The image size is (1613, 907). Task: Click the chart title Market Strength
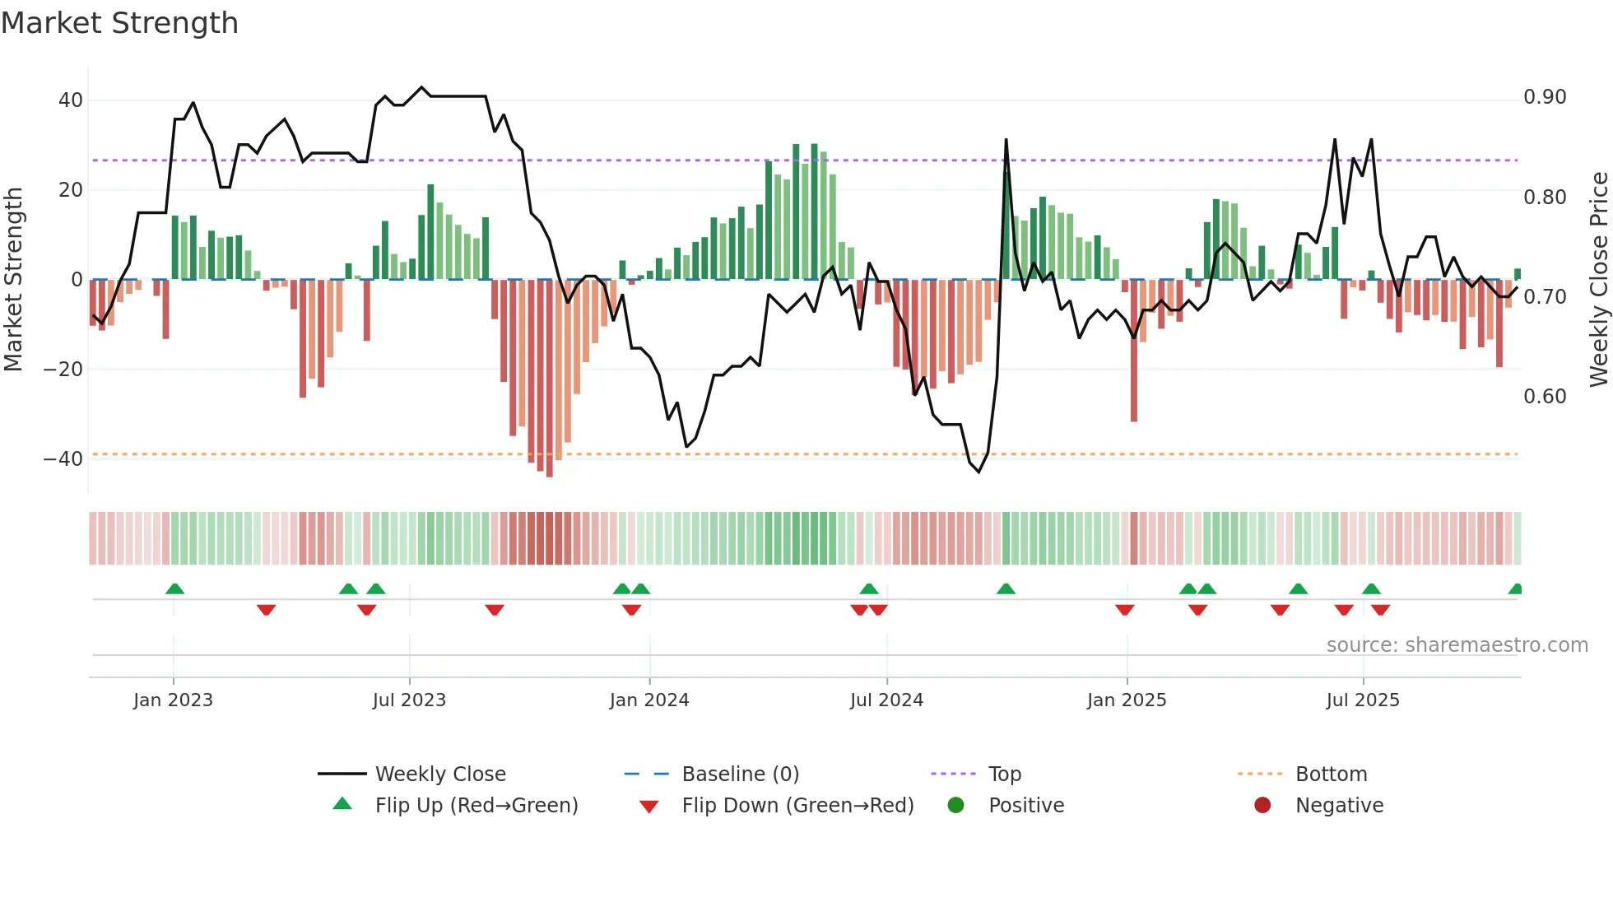coord(119,23)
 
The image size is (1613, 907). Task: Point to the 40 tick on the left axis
coord(71,100)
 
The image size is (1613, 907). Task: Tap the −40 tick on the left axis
coord(63,459)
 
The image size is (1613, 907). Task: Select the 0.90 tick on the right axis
coord(1545,97)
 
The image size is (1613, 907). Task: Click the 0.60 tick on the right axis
coord(1545,397)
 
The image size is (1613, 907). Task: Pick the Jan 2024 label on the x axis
coord(648,700)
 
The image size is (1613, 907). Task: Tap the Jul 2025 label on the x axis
coord(1362,700)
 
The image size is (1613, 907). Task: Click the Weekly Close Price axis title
coord(1598,279)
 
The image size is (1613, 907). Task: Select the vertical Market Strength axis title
coord(13,279)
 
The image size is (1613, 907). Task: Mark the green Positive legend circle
coord(955,806)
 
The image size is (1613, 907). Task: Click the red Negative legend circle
coord(1262,806)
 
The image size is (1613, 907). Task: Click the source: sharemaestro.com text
coord(1457,645)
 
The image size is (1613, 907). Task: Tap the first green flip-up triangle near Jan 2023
coord(174,589)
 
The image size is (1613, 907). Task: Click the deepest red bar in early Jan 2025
coord(1133,354)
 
